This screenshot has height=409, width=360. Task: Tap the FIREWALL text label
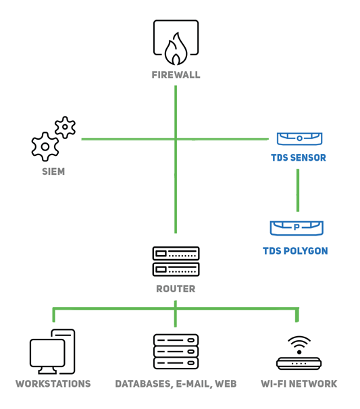pos(176,75)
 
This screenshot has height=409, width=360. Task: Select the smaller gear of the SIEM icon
pos(65,128)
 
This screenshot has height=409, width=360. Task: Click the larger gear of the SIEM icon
pos(45,146)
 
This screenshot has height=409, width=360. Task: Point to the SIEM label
pos(53,171)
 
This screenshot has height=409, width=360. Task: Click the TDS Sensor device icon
pos(299,138)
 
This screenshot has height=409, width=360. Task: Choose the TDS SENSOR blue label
pos(299,158)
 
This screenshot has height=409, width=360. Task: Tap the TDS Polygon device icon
pos(297,228)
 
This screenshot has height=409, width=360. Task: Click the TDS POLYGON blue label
pos(295,251)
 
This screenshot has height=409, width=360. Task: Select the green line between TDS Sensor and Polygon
pos(298,190)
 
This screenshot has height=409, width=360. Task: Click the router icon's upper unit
pos(176,254)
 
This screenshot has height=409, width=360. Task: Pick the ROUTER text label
pos(176,289)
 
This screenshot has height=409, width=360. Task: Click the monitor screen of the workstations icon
pos(47,353)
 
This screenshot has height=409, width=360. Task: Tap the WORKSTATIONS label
pos(53,384)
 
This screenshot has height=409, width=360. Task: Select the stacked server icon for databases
pos(176,352)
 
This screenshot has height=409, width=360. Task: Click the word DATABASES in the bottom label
pos(143,384)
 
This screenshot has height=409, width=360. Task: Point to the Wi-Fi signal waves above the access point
pos(299,343)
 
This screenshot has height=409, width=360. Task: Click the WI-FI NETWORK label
pos(299,384)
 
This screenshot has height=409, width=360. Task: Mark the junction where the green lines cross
pos(176,139)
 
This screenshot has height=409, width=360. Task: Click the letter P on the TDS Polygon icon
pos(297,227)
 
